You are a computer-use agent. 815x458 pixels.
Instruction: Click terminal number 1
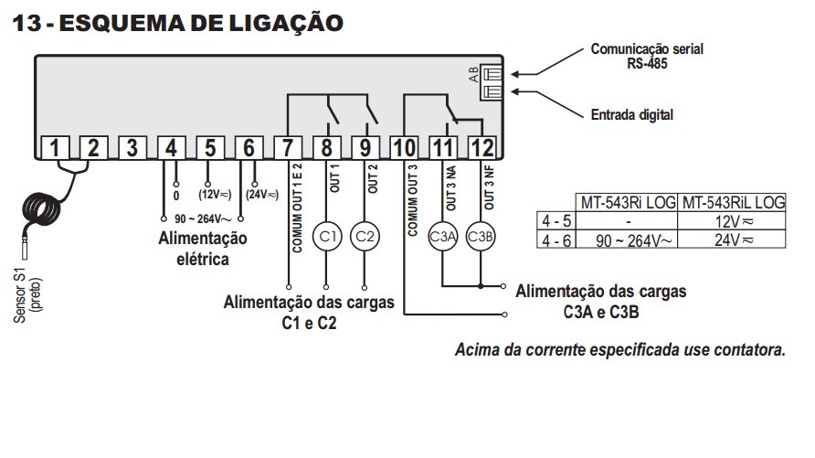click(x=55, y=148)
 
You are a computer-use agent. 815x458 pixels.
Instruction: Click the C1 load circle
click(x=326, y=236)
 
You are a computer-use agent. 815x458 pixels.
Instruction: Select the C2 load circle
click(x=365, y=236)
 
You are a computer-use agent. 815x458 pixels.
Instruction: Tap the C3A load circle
click(x=442, y=236)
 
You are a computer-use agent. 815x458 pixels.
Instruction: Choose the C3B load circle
click(x=481, y=236)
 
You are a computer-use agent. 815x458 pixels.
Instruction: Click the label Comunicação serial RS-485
click(x=647, y=56)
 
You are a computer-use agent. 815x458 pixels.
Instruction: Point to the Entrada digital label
click(x=631, y=115)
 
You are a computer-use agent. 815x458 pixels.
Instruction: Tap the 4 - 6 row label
click(x=556, y=240)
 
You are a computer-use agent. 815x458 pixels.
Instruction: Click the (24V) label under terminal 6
click(x=262, y=194)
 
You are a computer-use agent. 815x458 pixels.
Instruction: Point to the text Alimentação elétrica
click(x=203, y=248)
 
